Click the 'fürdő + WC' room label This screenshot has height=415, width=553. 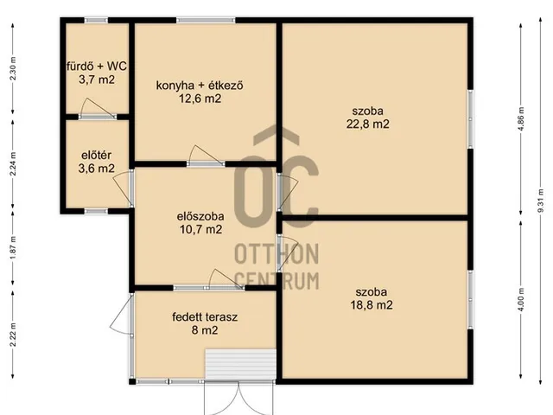coord(97,66)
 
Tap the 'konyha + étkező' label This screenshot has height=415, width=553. coord(200,86)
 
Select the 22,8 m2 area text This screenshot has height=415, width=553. coord(368,124)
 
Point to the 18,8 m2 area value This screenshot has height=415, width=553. coord(372,305)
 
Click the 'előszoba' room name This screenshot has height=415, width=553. coord(200,216)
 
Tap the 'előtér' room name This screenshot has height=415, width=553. coord(96,156)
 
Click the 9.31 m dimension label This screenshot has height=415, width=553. coord(540,201)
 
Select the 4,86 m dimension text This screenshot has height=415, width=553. coord(521,118)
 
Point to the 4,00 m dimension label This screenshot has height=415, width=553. coord(521,299)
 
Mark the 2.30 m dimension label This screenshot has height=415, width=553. coord(13,68)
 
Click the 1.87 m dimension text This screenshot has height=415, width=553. coord(13,247)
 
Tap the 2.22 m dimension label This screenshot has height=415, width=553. coord(13,335)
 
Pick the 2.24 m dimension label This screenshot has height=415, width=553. coord(13,163)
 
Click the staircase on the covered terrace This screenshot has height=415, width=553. coord(240,364)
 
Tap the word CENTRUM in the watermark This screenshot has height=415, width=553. coord(276,281)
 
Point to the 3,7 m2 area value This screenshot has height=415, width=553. coord(97,80)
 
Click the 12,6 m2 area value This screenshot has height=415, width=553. coord(200,99)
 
